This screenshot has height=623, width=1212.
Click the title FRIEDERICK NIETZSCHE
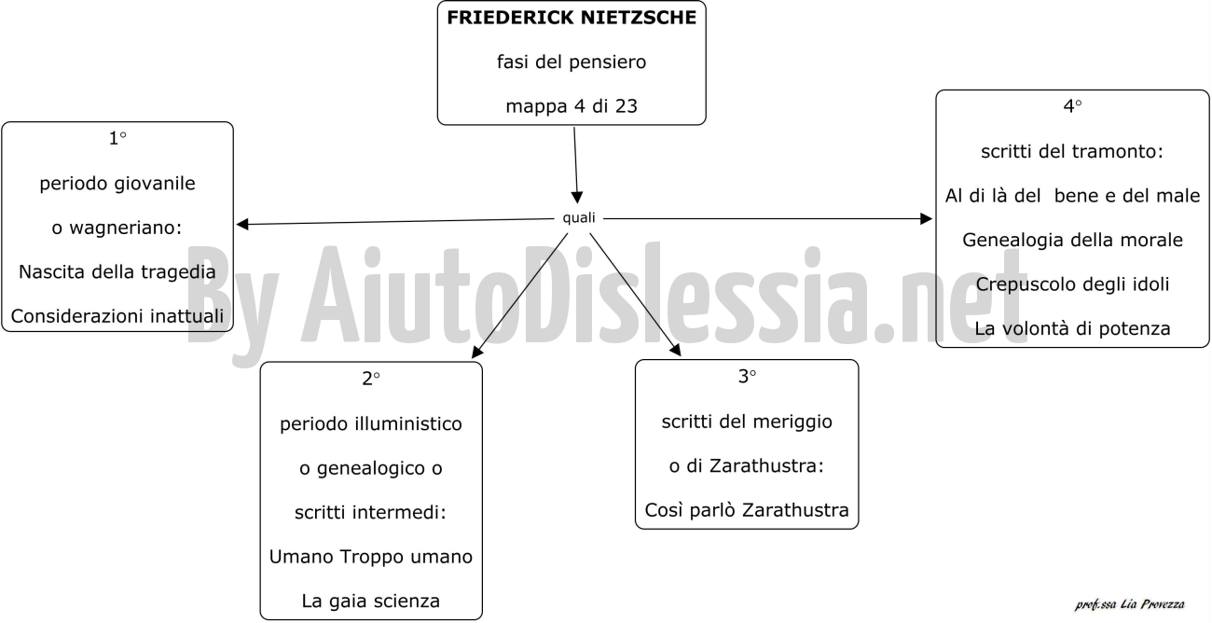(x=572, y=18)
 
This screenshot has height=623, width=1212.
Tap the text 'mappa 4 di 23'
(x=572, y=106)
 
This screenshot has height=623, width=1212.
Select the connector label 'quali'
(x=578, y=217)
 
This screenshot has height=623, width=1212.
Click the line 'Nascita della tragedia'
(x=117, y=271)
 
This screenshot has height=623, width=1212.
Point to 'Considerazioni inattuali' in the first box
(x=117, y=316)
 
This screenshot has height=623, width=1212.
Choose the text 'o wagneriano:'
(x=117, y=228)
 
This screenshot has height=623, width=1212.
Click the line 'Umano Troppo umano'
(x=371, y=557)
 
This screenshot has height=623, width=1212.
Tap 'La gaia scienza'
(x=371, y=601)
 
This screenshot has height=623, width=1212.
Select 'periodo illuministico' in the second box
(x=371, y=423)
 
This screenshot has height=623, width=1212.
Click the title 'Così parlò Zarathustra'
(x=747, y=510)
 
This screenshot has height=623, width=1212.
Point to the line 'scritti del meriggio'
(x=747, y=422)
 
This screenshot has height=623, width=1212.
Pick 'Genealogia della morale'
(x=1072, y=240)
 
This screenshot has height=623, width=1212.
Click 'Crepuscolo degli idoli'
(x=1072, y=284)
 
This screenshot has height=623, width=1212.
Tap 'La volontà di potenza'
(x=1072, y=328)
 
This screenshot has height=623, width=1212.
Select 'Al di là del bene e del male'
(x=1072, y=196)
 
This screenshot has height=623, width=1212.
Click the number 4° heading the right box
(x=1072, y=106)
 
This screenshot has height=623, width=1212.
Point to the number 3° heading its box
(x=747, y=376)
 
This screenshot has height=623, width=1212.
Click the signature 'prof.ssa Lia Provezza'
(x=1130, y=604)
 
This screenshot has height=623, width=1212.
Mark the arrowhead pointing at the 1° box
(x=242, y=224)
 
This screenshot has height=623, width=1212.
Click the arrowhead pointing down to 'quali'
(x=577, y=197)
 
